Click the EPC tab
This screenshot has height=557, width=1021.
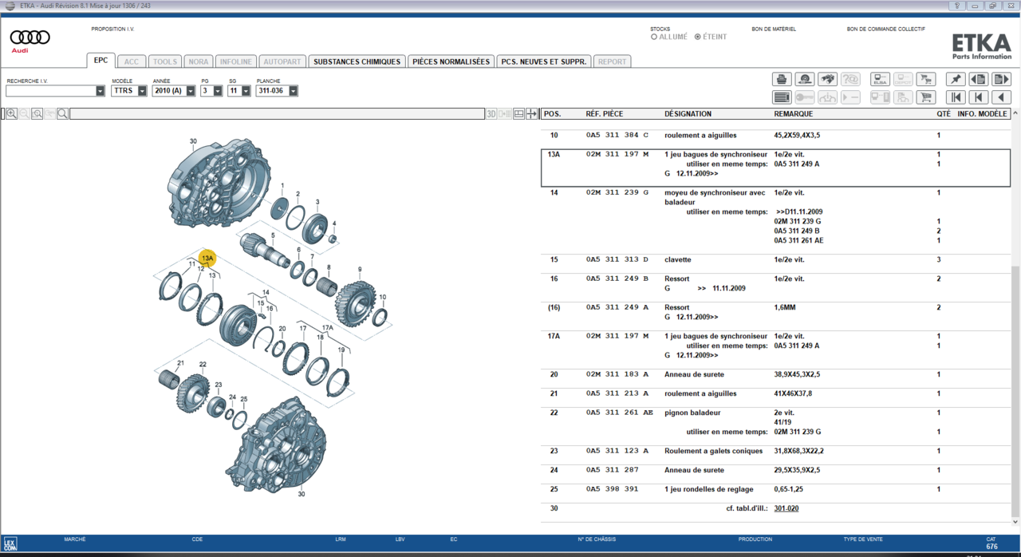click(101, 61)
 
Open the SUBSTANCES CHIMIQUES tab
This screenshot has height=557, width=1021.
click(357, 61)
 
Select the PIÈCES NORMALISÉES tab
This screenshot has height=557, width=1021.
click(451, 61)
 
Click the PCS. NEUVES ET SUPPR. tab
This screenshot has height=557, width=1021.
click(543, 61)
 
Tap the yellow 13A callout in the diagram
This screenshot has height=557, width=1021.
click(207, 259)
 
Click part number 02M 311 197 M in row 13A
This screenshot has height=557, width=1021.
click(617, 155)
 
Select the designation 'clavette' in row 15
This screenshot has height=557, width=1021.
click(677, 260)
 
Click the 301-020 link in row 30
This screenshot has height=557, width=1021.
click(786, 508)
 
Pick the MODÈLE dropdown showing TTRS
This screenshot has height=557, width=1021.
click(128, 91)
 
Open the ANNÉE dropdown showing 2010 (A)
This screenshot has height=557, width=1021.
click(173, 91)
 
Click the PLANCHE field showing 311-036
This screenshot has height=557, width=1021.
click(276, 91)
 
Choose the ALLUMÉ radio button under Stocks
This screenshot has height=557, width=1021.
click(654, 37)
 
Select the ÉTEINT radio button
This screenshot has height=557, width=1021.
click(698, 37)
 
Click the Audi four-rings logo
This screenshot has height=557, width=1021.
click(30, 38)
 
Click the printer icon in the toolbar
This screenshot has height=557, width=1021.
click(782, 79)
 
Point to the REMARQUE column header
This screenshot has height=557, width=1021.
click(793, 114)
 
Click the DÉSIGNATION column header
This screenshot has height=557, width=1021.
click(688, 114)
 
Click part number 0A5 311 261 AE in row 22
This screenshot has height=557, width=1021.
click(619, 413)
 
